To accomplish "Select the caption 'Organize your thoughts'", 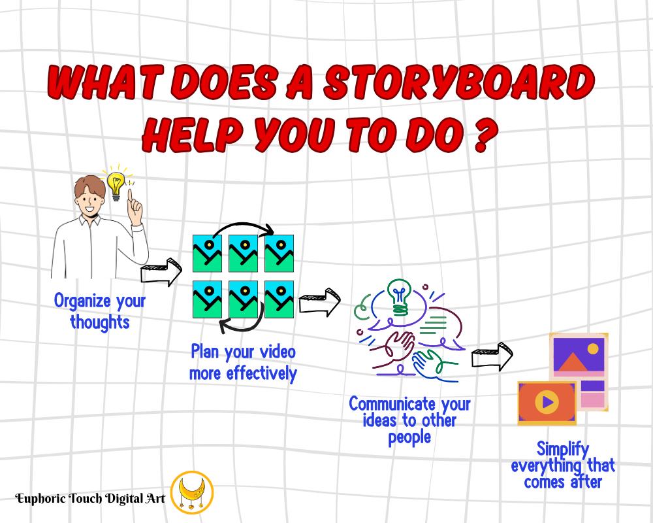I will (x=100, y=311).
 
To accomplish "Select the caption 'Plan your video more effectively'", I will (x=243, y=363).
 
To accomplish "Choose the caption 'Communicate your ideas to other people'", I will (x=409, y=420).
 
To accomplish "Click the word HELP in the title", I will (x=199, y=133).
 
